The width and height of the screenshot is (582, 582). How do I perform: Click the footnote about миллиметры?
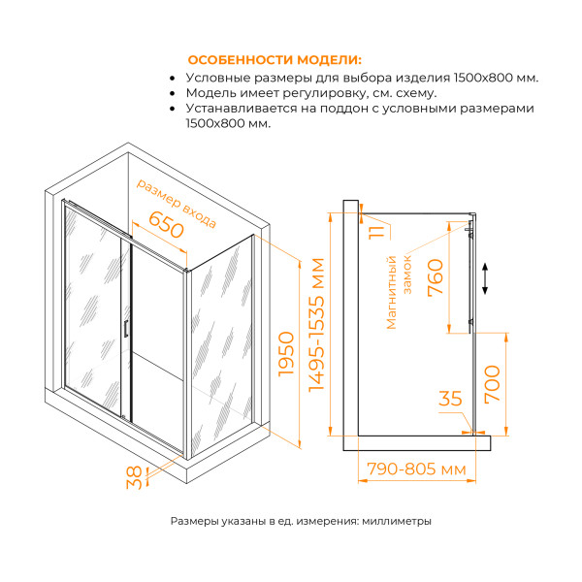coord(301,521)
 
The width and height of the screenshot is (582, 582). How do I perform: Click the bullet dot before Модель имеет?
coord(173,94)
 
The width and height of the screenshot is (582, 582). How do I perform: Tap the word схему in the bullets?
coord(415,94)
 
